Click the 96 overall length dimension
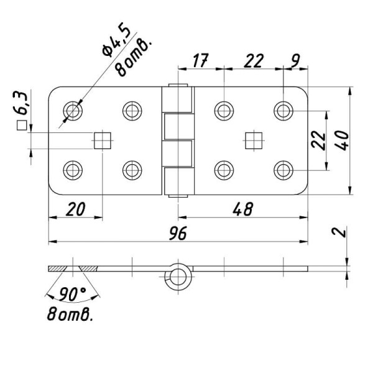coord(178,233)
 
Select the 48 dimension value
coord(243,210)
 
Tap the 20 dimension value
coord(75,210)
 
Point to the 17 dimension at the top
coord(201,60)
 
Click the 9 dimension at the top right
coord(295,60)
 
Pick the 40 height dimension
coord(343,140)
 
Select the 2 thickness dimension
coord(339,232)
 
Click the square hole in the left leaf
coord(103,140)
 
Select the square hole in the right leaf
coord(254,140)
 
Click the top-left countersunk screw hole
coord(73,111)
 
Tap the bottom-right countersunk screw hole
coord(283,170)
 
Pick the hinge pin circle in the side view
coord(178,277)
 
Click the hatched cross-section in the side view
coord(73,269)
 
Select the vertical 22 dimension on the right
coord(319,140)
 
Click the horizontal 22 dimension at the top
coord(254,60)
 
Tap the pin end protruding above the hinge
coord(178,85)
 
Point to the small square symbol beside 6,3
coord(22,126)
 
